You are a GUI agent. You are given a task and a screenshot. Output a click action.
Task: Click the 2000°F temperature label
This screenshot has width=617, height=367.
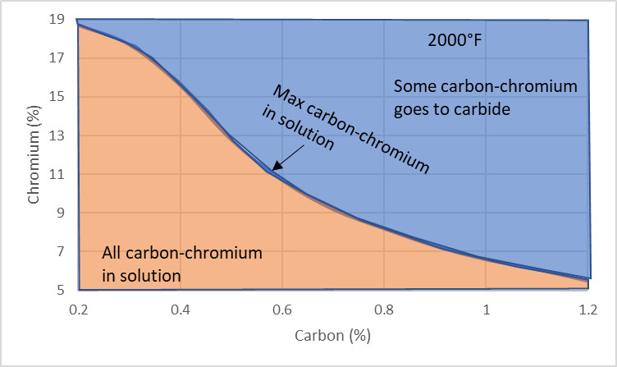[x=455, y=40]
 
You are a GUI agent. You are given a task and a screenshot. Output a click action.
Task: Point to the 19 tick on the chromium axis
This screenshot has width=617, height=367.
[x=57, y=19]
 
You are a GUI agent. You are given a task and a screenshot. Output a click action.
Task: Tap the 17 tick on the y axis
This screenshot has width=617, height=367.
[x=57, y=58]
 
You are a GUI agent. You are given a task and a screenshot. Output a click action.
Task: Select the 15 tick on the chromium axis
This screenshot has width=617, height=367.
[x=57, y=97]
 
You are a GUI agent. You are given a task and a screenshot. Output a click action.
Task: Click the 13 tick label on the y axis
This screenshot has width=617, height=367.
[x=57, y=135]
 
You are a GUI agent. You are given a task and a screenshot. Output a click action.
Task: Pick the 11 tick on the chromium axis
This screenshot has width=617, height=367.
[x=57, y=174]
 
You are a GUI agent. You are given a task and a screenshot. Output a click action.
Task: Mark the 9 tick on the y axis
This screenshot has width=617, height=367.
[x=60, y=213]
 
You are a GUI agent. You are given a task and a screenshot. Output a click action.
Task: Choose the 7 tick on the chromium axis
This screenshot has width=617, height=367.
[x=60, y=251]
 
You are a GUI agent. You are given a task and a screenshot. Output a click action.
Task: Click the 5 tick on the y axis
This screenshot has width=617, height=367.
[x=60, y=290]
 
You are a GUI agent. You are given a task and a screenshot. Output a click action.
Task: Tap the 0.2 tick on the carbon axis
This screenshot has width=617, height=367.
[x=79, y=310]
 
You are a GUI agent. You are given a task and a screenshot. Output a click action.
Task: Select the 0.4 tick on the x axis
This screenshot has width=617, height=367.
[x=181, y=310]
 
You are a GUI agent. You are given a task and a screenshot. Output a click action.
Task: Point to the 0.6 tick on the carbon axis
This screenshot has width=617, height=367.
[x=282, y=310]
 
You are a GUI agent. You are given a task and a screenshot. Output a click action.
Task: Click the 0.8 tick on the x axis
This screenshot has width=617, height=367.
[x=384, y=310]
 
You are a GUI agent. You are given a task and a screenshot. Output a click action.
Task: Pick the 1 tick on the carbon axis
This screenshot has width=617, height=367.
[x=487, y=310]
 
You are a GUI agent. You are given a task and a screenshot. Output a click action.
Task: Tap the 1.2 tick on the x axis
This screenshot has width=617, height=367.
[x=588, y=310]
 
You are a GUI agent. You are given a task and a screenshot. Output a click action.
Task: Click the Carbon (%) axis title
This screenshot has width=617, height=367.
[x=333, y=336]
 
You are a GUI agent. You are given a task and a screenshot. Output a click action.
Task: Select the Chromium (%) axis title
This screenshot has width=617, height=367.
[x=34, y=154]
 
